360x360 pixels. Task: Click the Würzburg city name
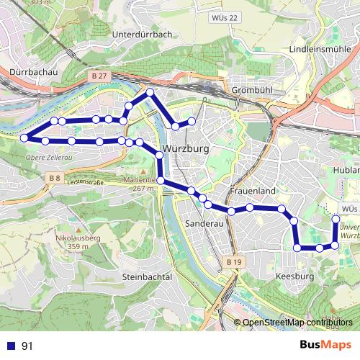pyautogui.click(x=186, y=149)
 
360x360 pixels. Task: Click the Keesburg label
pyautogui.click(x=295, y=276)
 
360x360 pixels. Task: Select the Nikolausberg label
pyautogui.click(x=76, y=237)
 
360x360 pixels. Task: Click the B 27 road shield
pyautogui.click(x=99, y=75)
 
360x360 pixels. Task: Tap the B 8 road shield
pyautogui.click(x=55, y=177)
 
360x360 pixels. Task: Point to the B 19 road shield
pyautogui.click(x=233, y=263)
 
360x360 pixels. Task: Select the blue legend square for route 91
pyautogui.click(x=11, y=346)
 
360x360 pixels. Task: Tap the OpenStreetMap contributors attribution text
pyautogui.click(x=297, y=323)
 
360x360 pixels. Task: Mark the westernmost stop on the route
pyautogui.click(x=24, y=138)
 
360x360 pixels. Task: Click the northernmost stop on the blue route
pyautogui.click(x=150, y=93)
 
